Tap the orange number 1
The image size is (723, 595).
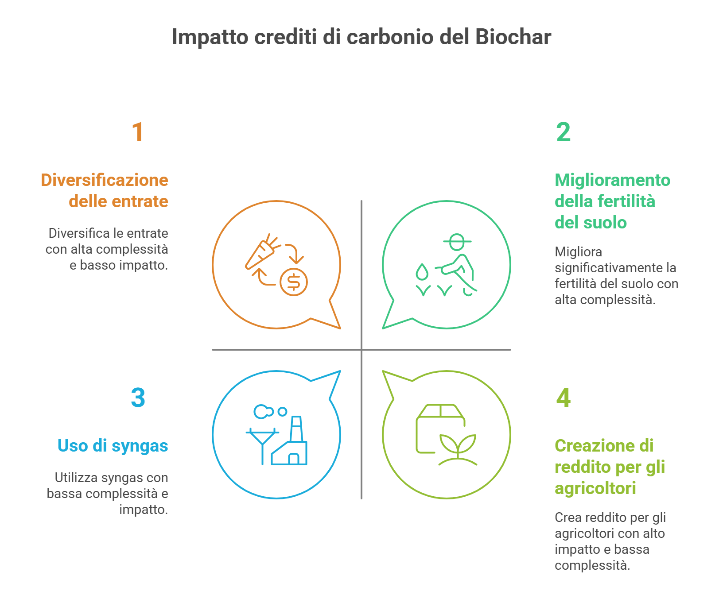pos(138,132)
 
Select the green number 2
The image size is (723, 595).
pos(564,132)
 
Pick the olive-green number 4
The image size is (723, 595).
pos(564,398)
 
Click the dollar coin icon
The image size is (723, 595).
pos(294,282)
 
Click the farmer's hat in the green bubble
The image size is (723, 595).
pos(457,242)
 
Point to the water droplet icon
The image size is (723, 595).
pos(422,272)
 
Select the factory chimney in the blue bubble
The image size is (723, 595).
pos(296,429)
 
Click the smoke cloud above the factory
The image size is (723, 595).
pos(264,412)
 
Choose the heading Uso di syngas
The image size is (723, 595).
pos(113,446)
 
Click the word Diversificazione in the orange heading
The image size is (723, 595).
pos(105,180)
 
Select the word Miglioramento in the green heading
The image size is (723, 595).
pos(613,180)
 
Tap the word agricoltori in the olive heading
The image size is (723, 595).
pos(595,488)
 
